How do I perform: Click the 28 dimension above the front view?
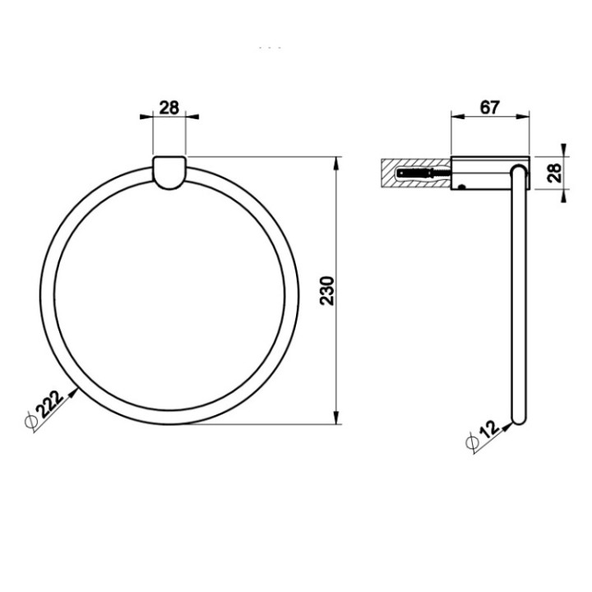click(169, 108)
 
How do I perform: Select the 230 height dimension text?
click(326, 290)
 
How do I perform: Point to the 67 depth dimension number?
click(490, 108)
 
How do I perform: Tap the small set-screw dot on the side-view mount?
click(463, 187)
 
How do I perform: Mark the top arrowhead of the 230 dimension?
click(336, 160)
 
